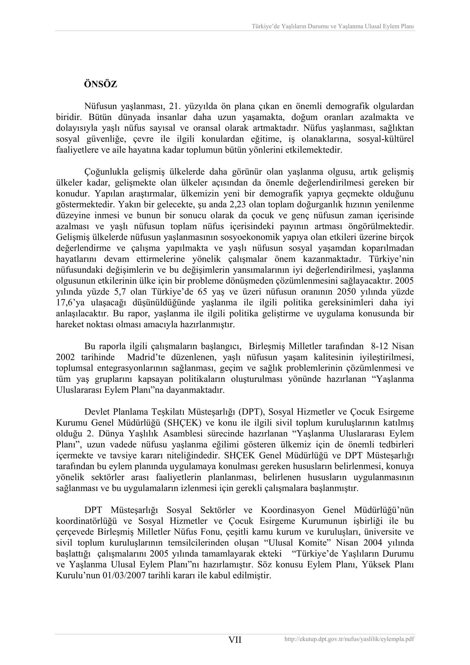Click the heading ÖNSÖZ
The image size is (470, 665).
click(x=100, y=84)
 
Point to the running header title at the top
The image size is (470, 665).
click(x=332, y=26)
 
